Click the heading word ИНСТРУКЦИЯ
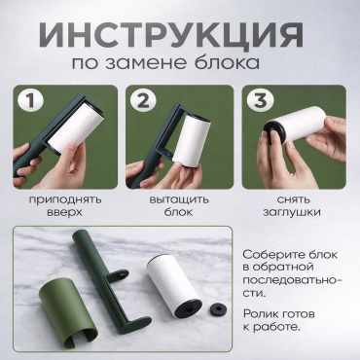pyautogui.click(x=171, y=34)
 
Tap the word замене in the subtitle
pyautogui.click(x=146, y=62)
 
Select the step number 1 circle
pyautogui.click(x=30, y=100)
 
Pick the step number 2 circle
pyautogui.click(x=143, y=100)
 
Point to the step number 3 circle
pyautogui.click(x=260, y=100)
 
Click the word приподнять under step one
pyautogui.click(x=65, y=199)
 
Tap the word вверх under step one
pyautogui.click(x=64, y=212)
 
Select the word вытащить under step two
pyautogui.click(x=179, y=199)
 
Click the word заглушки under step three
pyautogui.click(x=292, y=212)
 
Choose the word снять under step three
pyautogui.click(x=294, y=199)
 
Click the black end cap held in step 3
pyautogui.click(x=274, y=131)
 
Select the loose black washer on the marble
pyautogui.click(x=218, y=309)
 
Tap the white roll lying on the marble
pyautogui.click(x=174, y=285)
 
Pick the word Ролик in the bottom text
pyautogui.click(x=260, y=314)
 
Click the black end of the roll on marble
pyautogui.click(x=189, y=309)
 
